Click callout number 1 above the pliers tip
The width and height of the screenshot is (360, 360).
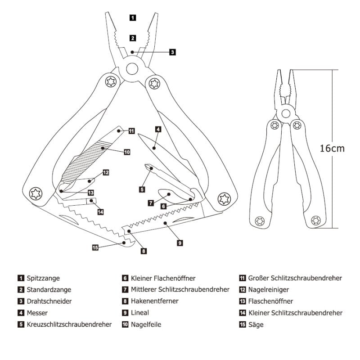click(132, 18)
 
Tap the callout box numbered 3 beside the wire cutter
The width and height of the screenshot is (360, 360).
click(172, 52)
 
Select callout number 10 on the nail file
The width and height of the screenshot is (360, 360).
click(127, 153)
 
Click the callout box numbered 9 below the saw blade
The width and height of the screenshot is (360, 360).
click(180, 243)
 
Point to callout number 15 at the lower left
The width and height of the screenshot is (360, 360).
click(95, 247)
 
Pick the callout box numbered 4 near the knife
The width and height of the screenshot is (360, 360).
click(158, 129)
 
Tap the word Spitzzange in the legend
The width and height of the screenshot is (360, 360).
click(43, 279)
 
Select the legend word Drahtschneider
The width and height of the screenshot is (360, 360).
click(49, 301)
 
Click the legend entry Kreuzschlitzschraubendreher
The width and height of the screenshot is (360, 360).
click(69, 324)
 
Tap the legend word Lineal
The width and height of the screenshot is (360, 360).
click(140, 312)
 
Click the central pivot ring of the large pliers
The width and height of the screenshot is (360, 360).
click(132, 68)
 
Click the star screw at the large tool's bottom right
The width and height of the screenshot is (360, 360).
click(223, 198)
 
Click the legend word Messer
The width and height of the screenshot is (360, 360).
click(37, 312)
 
